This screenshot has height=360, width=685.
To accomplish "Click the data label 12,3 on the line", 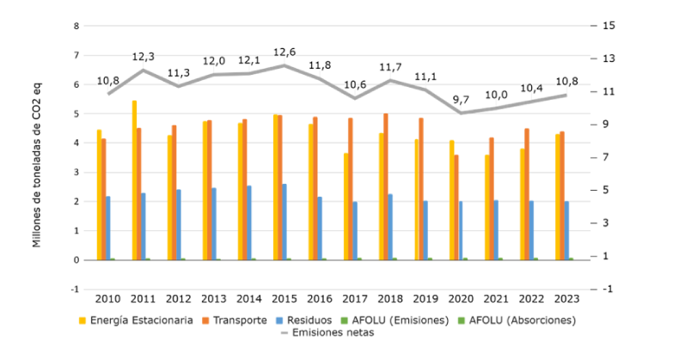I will (144, 57).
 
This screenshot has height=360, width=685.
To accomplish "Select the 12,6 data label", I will (284, 52).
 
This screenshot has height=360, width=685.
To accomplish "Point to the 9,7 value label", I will (461, 100).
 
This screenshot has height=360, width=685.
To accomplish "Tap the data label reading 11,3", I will (179, 73).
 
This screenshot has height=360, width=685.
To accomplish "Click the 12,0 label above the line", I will (214, 61).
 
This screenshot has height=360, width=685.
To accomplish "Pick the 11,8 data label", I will (320, 64).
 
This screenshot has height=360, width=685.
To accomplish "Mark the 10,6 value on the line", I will (355, 84).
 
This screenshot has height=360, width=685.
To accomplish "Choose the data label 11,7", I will (390, 67).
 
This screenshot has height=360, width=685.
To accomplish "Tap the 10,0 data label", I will (496, 95).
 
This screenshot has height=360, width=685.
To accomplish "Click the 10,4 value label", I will (531, 88).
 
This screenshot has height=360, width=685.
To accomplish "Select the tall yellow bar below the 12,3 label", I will (134, 180).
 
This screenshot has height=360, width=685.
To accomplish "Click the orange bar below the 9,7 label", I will (456, 206).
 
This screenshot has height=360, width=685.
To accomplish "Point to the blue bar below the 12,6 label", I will (284, 221).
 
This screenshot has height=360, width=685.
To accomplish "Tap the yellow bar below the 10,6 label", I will (346, 205).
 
